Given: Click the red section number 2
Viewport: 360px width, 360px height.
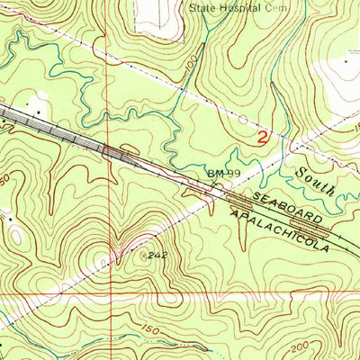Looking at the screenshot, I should (262, 139).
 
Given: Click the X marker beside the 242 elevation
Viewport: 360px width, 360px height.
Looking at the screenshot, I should (148, 255).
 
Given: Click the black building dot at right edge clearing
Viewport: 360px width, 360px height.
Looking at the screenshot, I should (346, 62).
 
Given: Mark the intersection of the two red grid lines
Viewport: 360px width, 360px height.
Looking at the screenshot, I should (111, 294).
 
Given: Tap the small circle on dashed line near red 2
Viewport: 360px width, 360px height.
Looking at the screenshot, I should (242, 117).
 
